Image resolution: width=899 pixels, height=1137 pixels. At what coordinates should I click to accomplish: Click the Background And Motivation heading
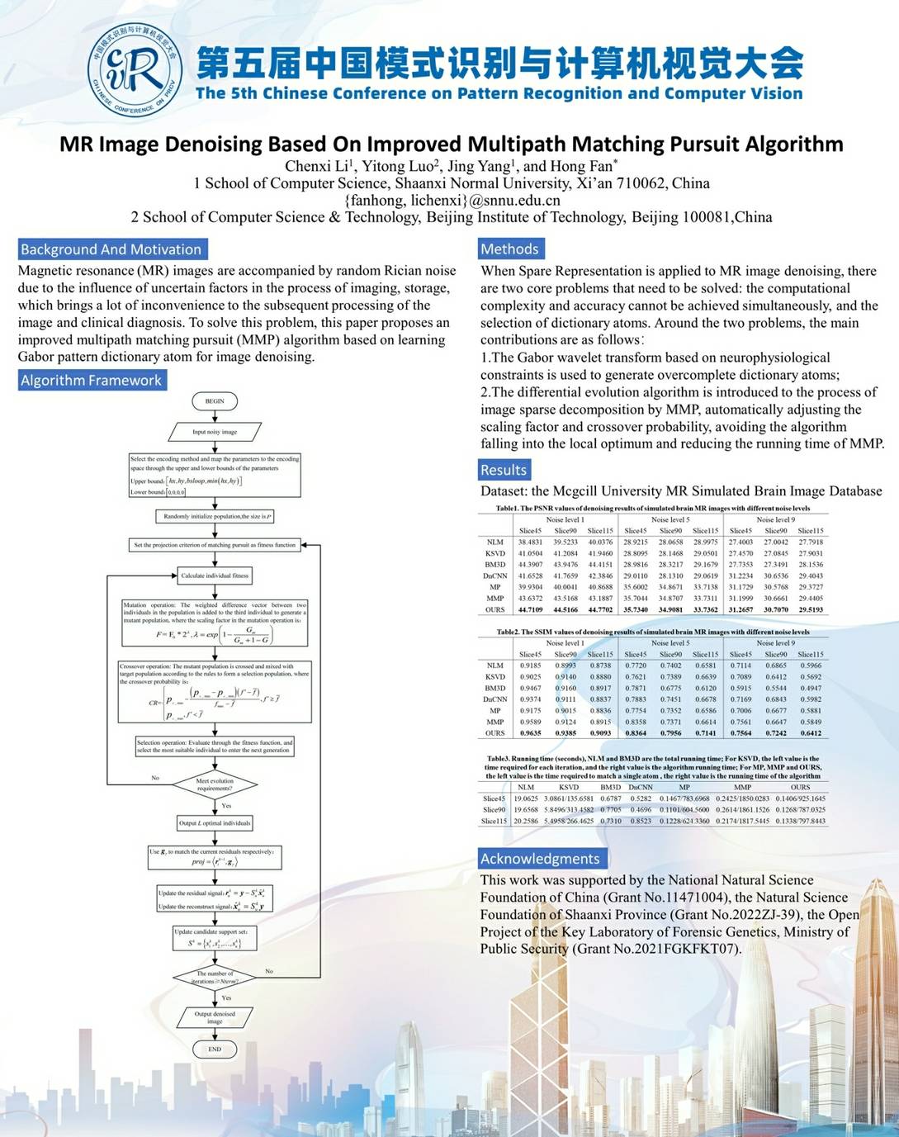pos(111,249)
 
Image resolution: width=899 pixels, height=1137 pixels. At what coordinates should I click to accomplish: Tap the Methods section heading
pos(509,249)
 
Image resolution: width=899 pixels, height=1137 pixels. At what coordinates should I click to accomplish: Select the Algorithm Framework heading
pos(92,381)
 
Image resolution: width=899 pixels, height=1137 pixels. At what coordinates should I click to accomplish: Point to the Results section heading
pos(504,470)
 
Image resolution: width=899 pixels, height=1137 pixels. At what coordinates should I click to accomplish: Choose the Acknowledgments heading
pos(540,859)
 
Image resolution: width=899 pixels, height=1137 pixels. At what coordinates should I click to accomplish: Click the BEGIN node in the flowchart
pos(215,401)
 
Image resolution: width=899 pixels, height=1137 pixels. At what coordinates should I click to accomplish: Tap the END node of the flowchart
pos(215,1049)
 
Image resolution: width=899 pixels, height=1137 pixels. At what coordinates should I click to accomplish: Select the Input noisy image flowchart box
pos(215,432)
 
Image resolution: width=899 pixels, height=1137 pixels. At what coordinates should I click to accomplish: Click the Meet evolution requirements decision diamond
pos(215,784)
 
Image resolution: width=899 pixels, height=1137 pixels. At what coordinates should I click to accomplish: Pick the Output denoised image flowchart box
pos(215,1017)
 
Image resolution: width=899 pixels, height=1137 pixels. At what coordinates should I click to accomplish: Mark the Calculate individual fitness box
pos(215,576)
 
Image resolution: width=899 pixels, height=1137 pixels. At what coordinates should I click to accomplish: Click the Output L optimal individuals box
pos(215,823)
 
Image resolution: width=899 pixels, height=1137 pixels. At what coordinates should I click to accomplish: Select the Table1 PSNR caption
pos(652,509)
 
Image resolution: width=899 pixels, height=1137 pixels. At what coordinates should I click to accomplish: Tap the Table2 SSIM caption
pos(652,632)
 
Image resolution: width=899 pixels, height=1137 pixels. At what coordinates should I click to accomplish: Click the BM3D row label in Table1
pos(495,565)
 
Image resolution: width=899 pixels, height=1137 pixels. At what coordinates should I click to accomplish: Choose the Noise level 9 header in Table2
pos(775,643)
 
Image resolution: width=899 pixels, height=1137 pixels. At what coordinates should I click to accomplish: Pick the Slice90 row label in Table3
pos(494,810)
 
